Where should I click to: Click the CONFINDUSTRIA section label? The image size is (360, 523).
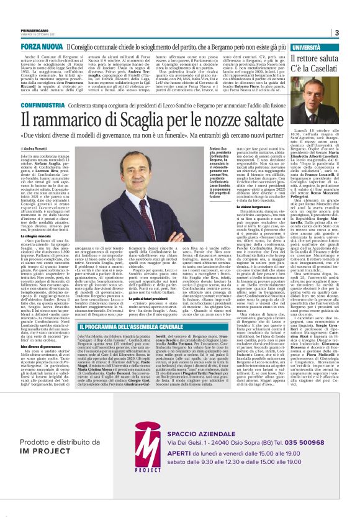coord(42,106)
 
